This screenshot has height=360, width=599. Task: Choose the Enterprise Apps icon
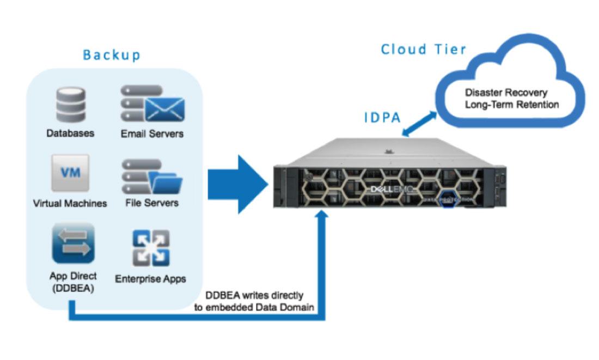[x=150, y=248]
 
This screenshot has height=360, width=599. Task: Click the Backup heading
[x=112, y=55]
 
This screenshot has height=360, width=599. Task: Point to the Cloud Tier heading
[x=423, y=49]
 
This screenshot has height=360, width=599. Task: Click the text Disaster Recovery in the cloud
[x=506, y=92]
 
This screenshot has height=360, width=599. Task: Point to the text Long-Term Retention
[x=511, y=104]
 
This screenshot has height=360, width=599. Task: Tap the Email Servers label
[x=152, y=133]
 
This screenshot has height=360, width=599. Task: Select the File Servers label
[x=152, y=203]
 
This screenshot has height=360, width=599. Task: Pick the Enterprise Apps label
[x=150, y=279]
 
